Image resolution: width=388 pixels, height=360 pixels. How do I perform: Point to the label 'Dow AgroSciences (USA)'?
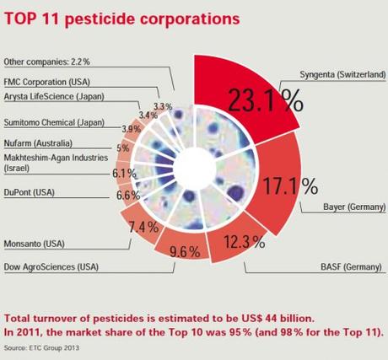point(51,267)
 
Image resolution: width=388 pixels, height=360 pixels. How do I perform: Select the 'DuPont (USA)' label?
point(29,192)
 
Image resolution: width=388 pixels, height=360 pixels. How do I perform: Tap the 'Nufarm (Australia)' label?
point(38,144)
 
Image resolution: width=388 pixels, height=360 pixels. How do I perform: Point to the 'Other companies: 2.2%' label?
point(47,62)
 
